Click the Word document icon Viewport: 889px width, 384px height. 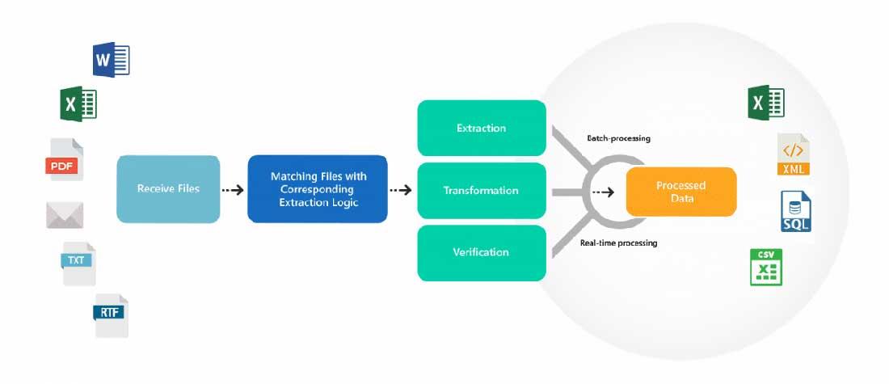tap(112, 60)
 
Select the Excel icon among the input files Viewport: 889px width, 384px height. tap(78, 104)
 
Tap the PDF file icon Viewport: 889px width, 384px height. tap(65, 160)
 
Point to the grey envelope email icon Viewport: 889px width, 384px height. tap(65, 215)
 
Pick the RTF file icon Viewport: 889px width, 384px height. tap(111, 314)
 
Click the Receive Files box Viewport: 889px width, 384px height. tap(168, 189)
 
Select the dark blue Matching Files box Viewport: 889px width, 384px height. tap(317, 189)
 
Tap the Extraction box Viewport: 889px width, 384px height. tap(481, 128)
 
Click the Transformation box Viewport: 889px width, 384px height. tap(481, 191)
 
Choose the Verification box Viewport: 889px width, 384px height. tap(481, 252)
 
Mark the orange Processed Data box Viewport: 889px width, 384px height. tap(680, 192)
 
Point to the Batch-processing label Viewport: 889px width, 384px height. tap(619, 138)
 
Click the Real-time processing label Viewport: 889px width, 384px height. tap(618, 243)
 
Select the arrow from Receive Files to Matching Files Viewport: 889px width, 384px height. tap(233, 190)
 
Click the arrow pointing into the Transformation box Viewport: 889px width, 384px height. tap(401, 191)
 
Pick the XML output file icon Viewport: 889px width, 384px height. tap(793, 155)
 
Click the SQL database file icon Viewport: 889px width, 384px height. tap(795, 212)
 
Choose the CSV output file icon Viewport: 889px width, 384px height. tap(765, 268)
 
